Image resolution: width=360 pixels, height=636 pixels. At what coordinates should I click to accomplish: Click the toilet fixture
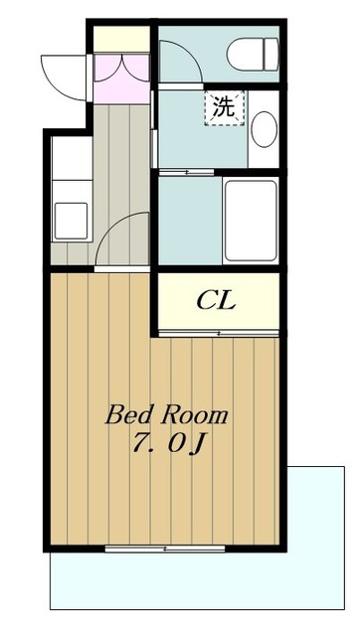(254, 55)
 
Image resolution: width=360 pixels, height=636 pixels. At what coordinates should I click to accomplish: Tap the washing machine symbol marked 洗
(225, 108)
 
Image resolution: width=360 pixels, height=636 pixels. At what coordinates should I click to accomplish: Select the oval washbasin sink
(264, 129)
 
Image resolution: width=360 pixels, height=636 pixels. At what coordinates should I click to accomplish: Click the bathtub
(251, 221)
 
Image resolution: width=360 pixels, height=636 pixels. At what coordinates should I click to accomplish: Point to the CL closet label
(216, 301)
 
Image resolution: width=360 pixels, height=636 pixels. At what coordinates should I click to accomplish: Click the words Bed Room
(166, 415)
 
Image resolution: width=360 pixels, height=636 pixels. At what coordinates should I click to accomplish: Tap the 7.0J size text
(167, 444)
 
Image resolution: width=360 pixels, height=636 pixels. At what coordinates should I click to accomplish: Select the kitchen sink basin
(71, 221)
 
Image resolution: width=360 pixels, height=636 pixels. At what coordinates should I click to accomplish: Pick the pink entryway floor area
(121, 79)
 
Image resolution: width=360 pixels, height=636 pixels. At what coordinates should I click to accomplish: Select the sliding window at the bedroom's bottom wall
(165, 549)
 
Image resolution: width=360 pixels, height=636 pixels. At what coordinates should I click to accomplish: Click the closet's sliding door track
(219, 334)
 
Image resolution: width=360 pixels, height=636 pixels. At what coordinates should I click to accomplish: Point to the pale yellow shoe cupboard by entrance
(121, 39)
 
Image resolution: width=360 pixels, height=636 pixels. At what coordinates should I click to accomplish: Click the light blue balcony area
(197, 580)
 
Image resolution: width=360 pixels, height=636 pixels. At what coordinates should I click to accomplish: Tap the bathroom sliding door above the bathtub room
(186, 172)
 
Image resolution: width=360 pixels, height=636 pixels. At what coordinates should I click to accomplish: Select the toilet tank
(271, 55)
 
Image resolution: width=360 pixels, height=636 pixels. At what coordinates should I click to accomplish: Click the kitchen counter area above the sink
(72, 158)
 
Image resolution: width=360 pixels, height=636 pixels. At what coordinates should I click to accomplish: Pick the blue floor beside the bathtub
(190, 221)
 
